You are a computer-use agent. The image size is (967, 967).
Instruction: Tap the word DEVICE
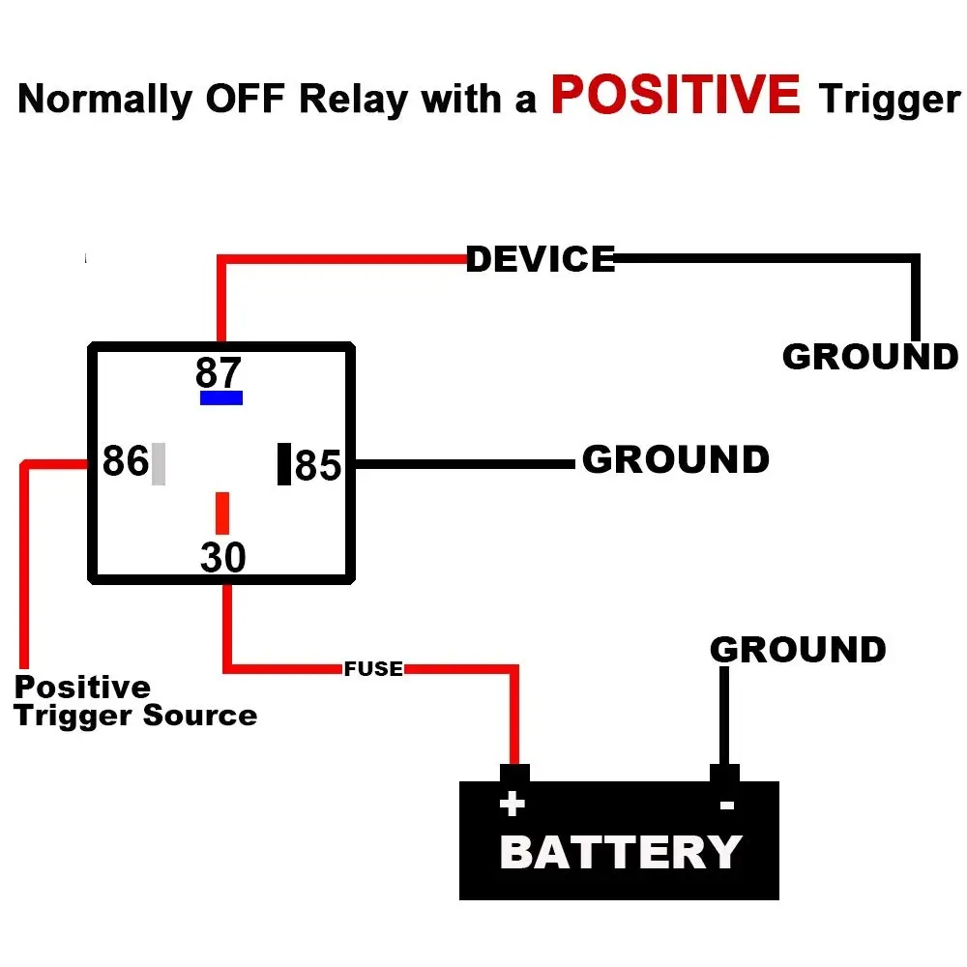point(541,259)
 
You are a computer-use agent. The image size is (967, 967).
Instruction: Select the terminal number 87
point(219,372)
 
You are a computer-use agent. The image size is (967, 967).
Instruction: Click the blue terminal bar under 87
point(221,397)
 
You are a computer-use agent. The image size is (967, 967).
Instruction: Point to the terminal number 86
point(126,461)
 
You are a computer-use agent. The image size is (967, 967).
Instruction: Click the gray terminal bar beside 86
point(159,463)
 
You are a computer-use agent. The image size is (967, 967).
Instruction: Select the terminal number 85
point(318,466)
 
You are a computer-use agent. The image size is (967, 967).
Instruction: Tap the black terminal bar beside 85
point(284,463)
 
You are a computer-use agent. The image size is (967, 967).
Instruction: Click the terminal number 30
point(223,558)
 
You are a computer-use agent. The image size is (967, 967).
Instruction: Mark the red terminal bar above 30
point(222,513)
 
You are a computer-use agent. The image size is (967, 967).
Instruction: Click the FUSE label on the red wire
point(373,668)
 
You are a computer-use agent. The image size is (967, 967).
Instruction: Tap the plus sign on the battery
point(512,804)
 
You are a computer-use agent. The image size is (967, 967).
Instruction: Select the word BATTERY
point(620,853)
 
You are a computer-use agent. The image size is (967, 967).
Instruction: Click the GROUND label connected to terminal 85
point(675,459)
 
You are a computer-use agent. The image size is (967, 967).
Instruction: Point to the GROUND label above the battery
point(798,649)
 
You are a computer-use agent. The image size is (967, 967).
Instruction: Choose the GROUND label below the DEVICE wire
point(869,357)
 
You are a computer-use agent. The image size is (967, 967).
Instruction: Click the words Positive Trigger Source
point(135,702)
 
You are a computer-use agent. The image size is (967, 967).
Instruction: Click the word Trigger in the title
point(889,100)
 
